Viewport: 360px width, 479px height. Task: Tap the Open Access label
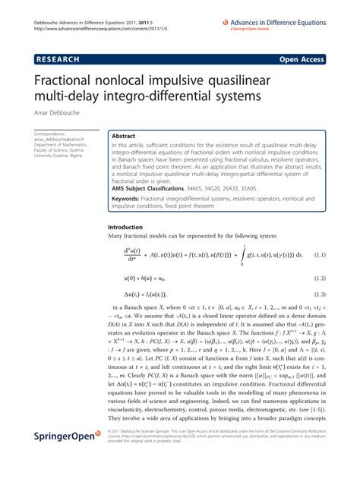[x=302, y=57]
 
